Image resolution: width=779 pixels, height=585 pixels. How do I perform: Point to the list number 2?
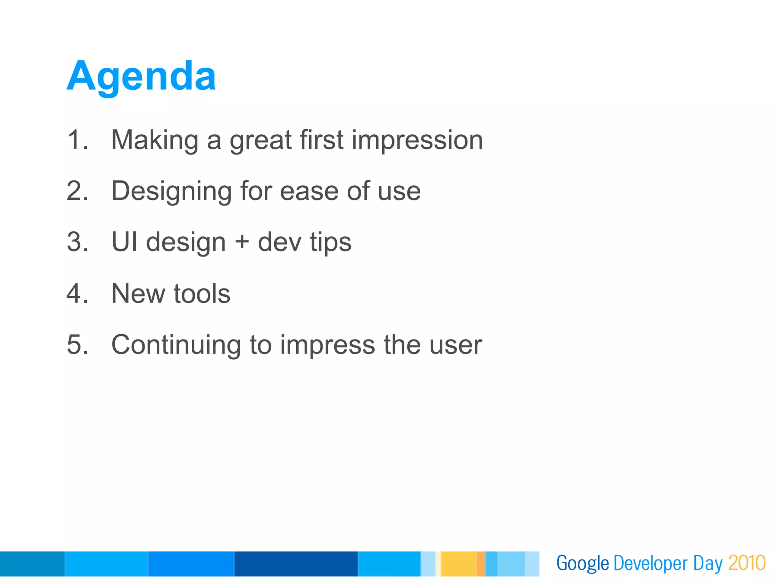pos(76,191)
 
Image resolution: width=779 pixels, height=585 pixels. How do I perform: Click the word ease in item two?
pos(309,191)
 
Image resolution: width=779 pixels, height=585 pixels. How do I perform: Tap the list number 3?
pos(76,242)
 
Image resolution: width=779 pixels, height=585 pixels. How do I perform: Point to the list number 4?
pos(76,293)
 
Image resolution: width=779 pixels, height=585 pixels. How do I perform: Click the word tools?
pos(202,294)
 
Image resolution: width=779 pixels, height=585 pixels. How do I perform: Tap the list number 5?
pos(76,345)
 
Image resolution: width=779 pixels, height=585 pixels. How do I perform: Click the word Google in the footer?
pos(582,564)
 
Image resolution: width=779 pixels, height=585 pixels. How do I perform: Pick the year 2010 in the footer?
pos(747,563)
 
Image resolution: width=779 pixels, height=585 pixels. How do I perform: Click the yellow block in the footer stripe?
pos(459,564)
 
